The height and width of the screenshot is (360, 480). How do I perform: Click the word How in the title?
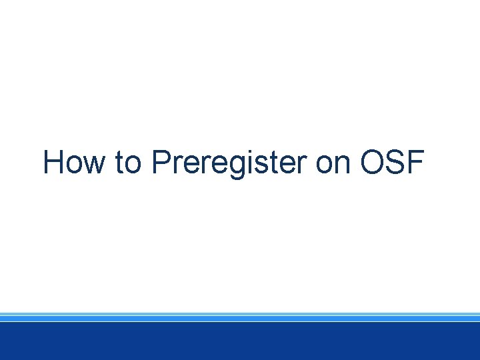(x=73, y=163)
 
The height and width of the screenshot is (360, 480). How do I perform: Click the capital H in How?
(x=53, y=163)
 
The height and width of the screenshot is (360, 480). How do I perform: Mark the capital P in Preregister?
(x=160, y=163)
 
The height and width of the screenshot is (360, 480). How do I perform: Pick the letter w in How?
(x=93, y=166)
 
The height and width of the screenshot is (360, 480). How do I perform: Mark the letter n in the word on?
(x=342, y=166)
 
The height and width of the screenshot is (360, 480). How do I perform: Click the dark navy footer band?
(x=240, y=341)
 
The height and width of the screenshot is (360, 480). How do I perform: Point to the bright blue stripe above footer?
(x=240, y=319)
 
